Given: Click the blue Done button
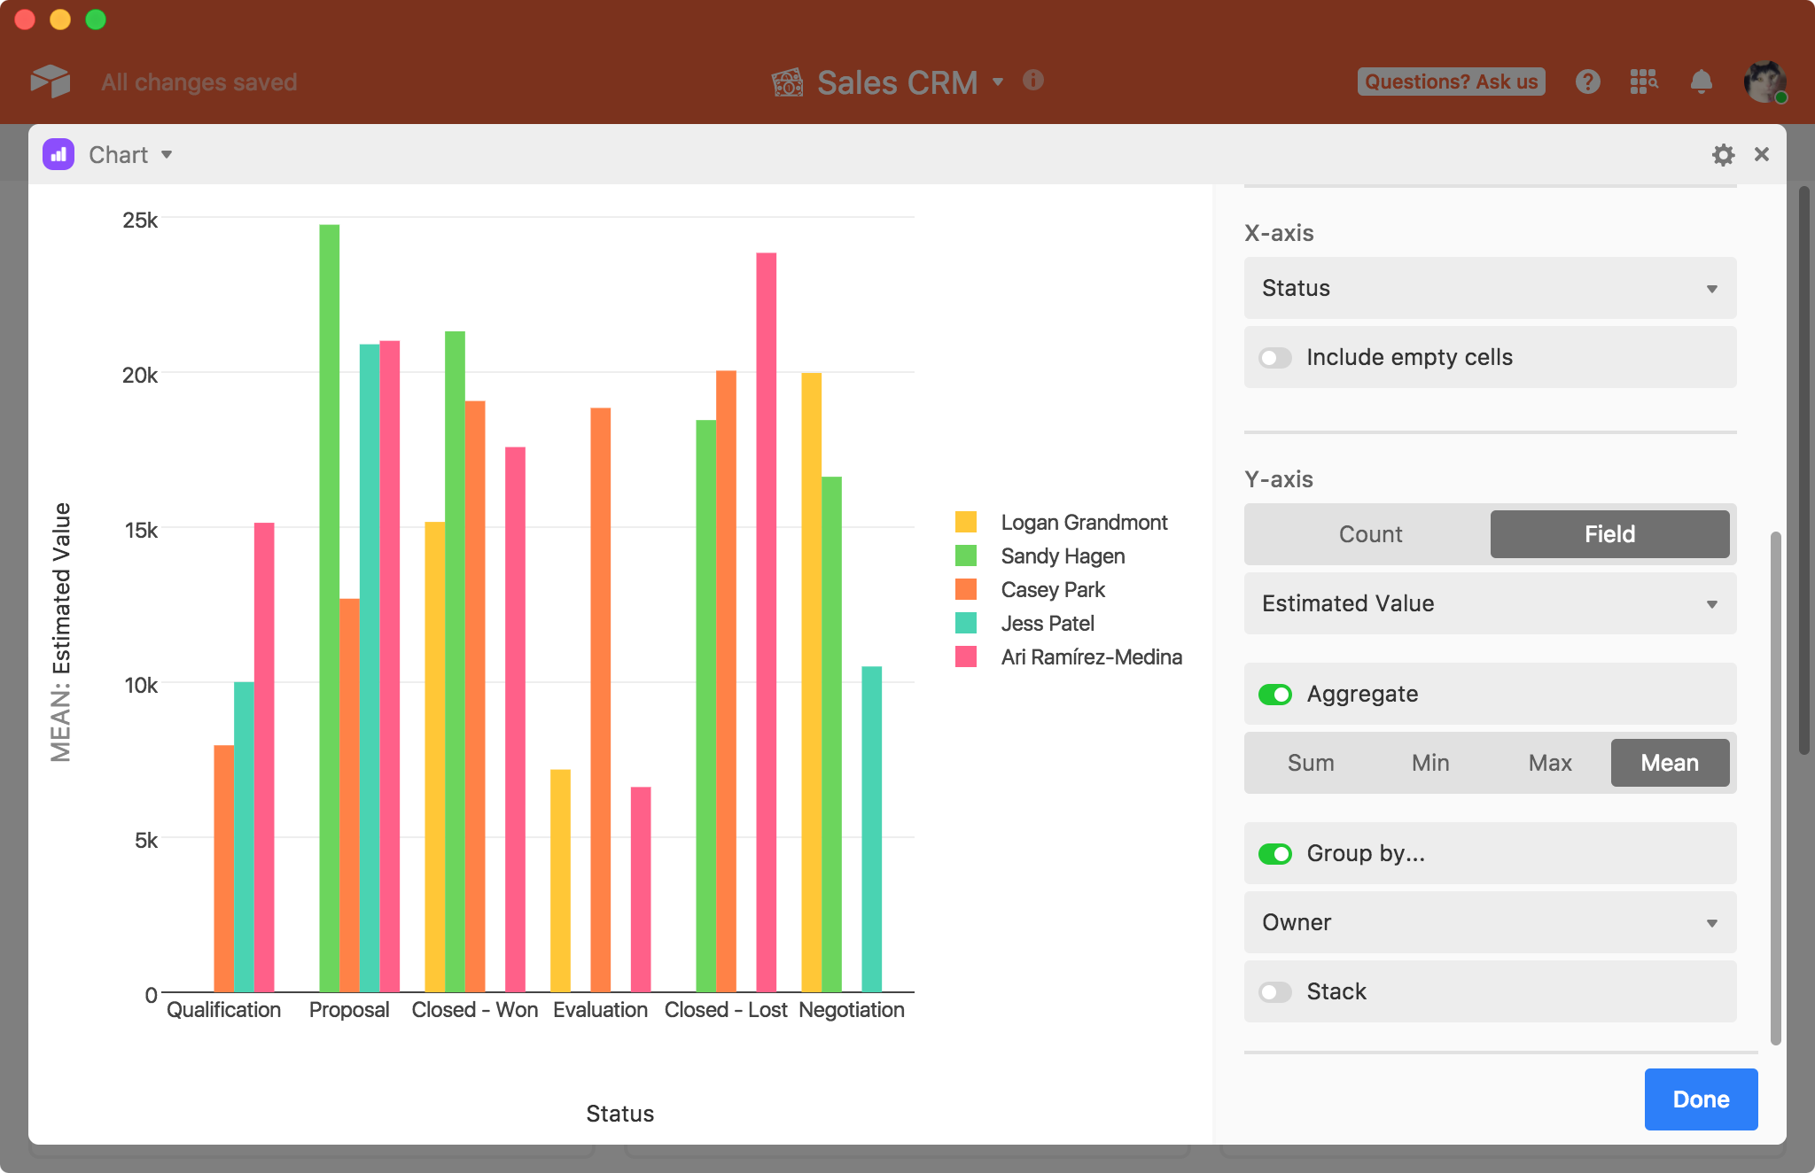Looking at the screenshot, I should [x=1701, y=1099].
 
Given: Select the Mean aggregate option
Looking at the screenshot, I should [x=1670, y=763].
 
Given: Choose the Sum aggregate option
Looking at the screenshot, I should [x=1311, y=763].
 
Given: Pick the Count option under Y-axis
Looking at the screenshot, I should [x=1370, y=534].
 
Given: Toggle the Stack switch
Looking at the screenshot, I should [x=1275, y=991].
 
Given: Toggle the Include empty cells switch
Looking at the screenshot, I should [x=1275, y=358].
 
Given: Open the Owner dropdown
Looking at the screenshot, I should [x=1490, y=922].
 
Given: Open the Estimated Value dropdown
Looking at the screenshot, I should [x=1490, y=603].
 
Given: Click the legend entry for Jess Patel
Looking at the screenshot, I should [x=1047, y=624].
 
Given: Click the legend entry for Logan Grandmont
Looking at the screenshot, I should [x=1083, y=523].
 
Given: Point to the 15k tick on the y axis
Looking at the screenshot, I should [x=142, y=531].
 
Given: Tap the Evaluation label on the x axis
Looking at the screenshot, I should [x=600, y=1010].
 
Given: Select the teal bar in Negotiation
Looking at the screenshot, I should [x=872, y=828].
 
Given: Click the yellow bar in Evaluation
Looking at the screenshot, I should [x=560, y=881].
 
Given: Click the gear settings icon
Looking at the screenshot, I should [x=1723, y=155].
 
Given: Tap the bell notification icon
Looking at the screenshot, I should [x=1701, y=82].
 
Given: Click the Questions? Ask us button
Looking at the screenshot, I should [x=1451, y=82].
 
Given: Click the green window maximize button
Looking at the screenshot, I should [x=96, y=19].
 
